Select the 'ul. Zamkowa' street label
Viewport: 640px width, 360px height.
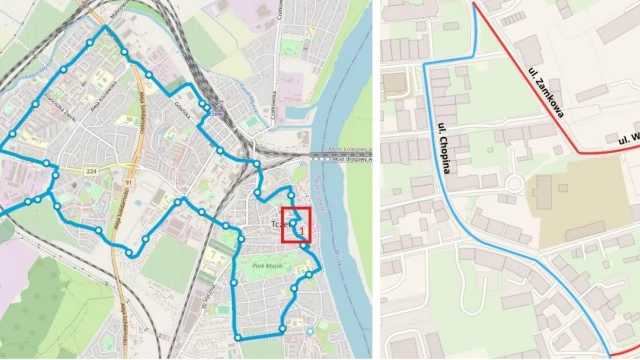pyautogui.click(x=545, y=93)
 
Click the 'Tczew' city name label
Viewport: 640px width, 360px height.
pyautogui.click(x=280, y=225)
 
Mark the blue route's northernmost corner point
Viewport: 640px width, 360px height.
pyautogui.click(x=103, y=29)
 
